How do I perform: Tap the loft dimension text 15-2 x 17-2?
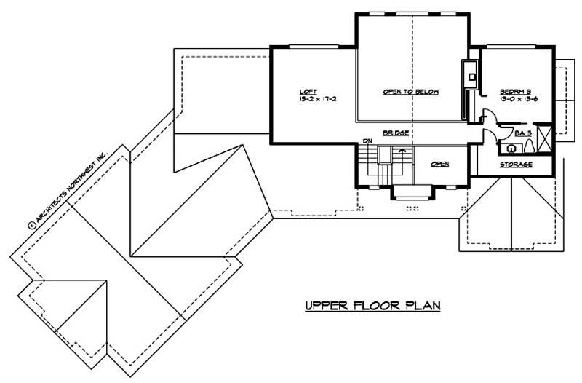coord(317,99)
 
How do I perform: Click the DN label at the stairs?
coord(367,141)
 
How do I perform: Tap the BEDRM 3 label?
coord(514,92)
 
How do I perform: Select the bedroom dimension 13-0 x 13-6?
coord(517,99)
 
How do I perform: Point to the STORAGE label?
coord(515,165)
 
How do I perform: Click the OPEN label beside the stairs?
coord(439,165)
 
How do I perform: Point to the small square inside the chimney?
coord(472,73)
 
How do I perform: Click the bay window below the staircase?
coord(412,193)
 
